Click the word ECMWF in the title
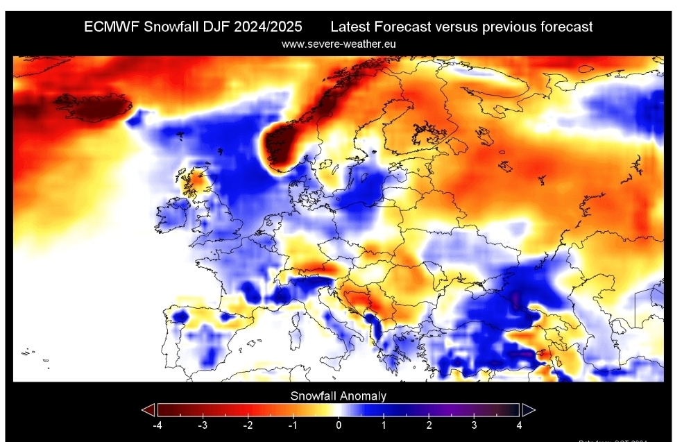(111, 27)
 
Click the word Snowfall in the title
(171, 27)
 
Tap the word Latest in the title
(350, 27)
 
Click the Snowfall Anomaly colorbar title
(338, 396)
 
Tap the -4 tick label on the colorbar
(157, 423)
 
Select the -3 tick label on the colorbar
(203, 423)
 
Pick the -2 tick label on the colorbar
(248, 423)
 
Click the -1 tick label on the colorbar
(293, 423)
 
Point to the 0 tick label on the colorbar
(339, 423)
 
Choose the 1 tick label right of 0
(384, 423)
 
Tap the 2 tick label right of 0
(429, 423)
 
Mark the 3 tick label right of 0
(475, 423)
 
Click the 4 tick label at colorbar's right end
(520, 423)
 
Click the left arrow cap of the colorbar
(148, 409)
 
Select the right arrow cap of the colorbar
(528, 409)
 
